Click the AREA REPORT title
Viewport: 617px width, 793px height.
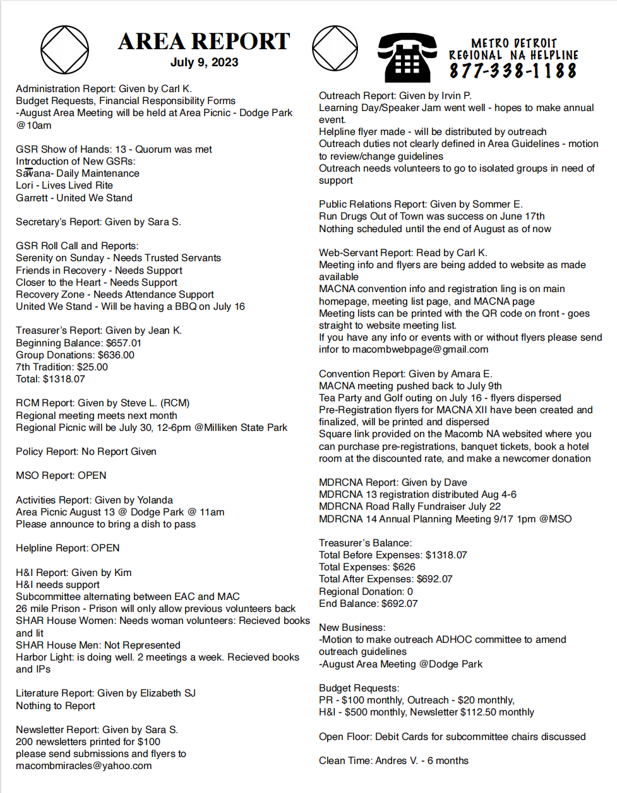(204, 41)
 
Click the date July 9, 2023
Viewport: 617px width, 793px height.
(204, 62)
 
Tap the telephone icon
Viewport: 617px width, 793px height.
(407, 57)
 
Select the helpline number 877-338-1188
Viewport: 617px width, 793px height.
(513, 71)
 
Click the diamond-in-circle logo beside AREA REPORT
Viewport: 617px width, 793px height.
(65, 49)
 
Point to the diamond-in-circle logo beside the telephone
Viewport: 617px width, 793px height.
(335, 49)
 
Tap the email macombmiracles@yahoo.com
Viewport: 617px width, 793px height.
(84, 766)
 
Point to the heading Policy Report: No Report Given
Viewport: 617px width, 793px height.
(86, 452)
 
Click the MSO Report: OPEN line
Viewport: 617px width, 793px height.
(61, 476)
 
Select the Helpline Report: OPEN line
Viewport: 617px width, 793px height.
(68, 548)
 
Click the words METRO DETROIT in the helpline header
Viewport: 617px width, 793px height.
(514, 43)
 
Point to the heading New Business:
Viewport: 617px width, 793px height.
(352, 628)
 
